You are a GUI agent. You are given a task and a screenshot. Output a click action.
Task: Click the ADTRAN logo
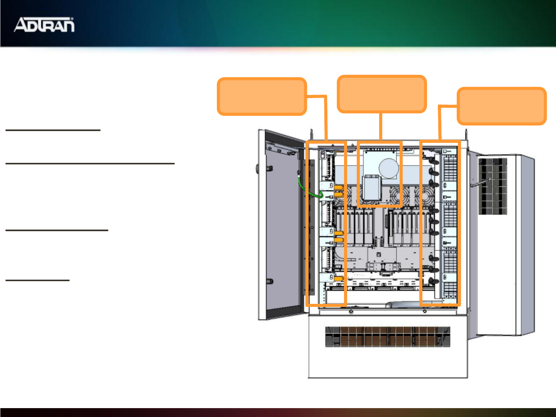coord(44,25)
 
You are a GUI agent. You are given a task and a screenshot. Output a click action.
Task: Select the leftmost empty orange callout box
coord(262,97)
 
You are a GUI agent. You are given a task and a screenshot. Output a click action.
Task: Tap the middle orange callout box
coord(381,94)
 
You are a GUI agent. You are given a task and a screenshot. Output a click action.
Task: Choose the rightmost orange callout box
coord(502,106)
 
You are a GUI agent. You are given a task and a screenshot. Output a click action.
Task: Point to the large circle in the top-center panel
coord(388,168)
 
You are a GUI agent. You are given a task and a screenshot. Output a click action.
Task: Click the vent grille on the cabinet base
coord(387,337)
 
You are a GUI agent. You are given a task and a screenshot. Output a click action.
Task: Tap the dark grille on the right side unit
coord(492,186)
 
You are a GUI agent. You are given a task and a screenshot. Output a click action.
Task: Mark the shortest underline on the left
coord(37,280)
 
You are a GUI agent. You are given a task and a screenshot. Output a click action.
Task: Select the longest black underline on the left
coord(90,163)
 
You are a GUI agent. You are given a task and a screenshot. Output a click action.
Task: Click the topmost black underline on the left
coord(53,130)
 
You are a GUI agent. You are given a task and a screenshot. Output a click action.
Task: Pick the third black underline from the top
coord(57,230)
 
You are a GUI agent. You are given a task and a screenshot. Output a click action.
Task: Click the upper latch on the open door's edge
coord(269,168)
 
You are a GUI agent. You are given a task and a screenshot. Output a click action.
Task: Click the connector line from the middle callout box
coord(381,126)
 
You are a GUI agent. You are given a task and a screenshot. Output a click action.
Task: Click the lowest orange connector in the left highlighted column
coord(339,278)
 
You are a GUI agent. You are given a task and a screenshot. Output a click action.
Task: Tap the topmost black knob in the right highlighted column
coord(432,159)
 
